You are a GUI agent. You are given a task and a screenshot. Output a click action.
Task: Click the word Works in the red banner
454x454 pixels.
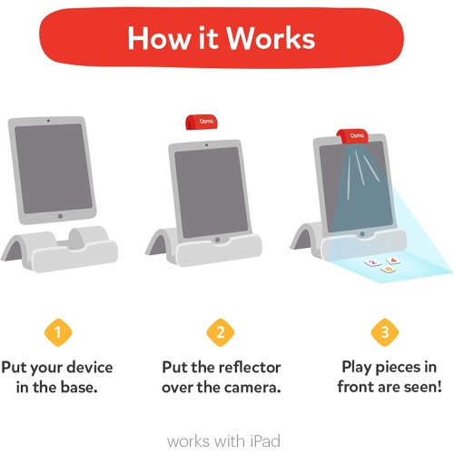point(271,39)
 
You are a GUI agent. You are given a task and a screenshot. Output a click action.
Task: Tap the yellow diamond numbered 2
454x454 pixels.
point(220,332)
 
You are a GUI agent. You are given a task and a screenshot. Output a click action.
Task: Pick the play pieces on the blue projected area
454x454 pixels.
point(379,263)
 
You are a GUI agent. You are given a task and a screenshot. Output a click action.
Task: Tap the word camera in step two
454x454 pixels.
point(249,388)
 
